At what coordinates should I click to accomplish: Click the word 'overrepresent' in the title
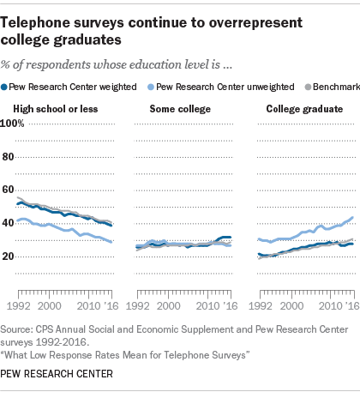pyautogui.click(x=255, y=23)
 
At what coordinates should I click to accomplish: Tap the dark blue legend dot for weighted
pyautogui.click(x=4, y=87)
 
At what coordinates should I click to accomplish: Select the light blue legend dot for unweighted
pyautogui.click(x=151, y=87)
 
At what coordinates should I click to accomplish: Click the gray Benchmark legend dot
pyautogui.click(x=308, y=87)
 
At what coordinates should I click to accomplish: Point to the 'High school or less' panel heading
pyautogui.click(x=56, y=109)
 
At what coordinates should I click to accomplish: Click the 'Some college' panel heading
pyautogui.click(x=180, y=109)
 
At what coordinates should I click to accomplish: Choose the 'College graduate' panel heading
pyautogui.click(x=304, y=109)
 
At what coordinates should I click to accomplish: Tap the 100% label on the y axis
pyautogui.click(x=12, y=124)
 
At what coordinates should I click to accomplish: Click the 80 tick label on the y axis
pyautogui.click(x=8, y=157)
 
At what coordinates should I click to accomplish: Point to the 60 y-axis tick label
pyautogui.click(x=8, y=190)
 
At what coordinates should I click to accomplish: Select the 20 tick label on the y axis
pyautogui.click(x=8, y=256)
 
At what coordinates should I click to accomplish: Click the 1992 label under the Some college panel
pyautogui.click(x=138, y=306)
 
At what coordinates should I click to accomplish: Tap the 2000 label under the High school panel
pyautogui.click(x=50, y=306)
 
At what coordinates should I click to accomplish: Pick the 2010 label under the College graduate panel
pyautogui.click(x=331, y=306)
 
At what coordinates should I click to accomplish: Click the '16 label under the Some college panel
pyautogui.click(x=231, y=306)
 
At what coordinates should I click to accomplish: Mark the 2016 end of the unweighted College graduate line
pyautogui.click(x=352, y=218)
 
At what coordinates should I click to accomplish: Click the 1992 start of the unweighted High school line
pyautogui.click(x=18, y=220)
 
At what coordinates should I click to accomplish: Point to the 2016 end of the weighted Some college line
pyautogui.click(x=230, y=237)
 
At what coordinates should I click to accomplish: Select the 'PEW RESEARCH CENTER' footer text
pyautogui.click(x=57, y=374)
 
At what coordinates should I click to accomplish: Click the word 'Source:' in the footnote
pyautogui.click(x=16, y=329)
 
